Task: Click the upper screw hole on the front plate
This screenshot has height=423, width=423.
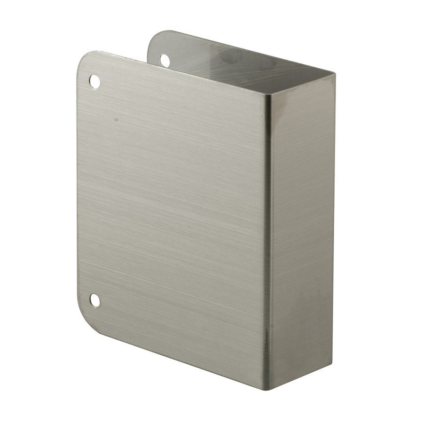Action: [94, 81]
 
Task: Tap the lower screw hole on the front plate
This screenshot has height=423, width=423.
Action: [95, 300]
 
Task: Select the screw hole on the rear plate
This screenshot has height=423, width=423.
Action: [165, 60]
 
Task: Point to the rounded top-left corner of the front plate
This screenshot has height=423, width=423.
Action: [83, 59]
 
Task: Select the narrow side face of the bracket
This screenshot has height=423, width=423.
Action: [301, 230]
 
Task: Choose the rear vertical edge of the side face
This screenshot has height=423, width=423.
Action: [333, 216]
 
